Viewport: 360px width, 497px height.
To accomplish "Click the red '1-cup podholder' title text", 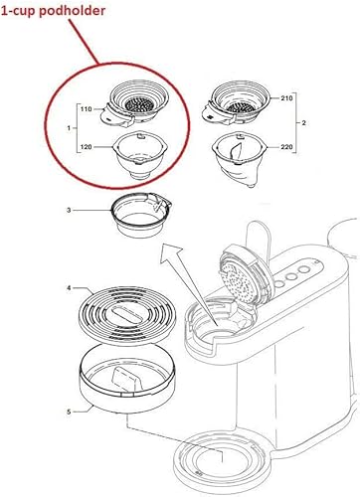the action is coord(54,10).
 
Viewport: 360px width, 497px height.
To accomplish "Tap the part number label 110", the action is coord(86,108).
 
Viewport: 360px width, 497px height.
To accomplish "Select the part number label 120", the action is coord(86,147).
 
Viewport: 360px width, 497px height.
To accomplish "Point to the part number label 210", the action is coord(286,98).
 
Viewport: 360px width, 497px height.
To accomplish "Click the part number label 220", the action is coord(286,147).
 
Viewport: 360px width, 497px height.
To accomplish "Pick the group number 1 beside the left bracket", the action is coord(69,128).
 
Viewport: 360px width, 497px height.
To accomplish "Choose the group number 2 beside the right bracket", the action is coord(303,123).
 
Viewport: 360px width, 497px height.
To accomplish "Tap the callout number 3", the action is coord(69,210).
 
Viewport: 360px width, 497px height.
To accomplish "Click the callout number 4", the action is coord(69,288).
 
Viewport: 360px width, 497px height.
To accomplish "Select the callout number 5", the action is coord(69,413).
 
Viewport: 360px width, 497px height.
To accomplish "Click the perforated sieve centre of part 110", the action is coord(139,105).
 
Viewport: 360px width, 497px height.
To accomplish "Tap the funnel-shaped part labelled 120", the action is coord(139,155).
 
